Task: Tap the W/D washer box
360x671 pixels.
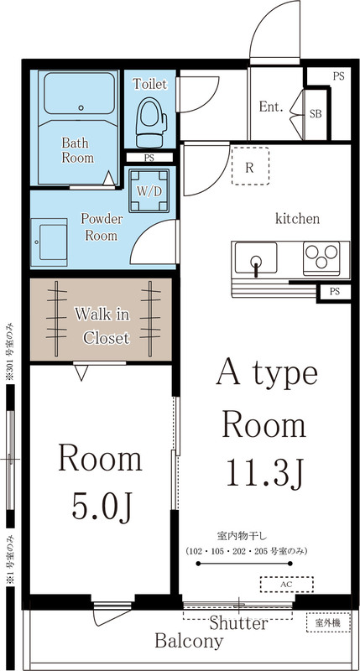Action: tap(149, 190)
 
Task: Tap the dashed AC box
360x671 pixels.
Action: tap(286, 583)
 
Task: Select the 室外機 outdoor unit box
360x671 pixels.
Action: tap(328, 623)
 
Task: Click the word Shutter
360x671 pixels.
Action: tap(238, 624)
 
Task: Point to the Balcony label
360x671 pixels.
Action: tap(189, 642)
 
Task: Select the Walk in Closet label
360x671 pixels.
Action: tap(102, 326)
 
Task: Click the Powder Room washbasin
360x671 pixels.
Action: tap(49, 240)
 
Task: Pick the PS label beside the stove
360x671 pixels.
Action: tap(334, 292)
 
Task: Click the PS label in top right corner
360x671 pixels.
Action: tap(338, 76)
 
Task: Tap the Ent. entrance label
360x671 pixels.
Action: tap(270, 107)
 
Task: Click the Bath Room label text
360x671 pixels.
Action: tap(77, 150)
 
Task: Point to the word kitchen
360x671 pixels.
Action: tap(298, 219)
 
